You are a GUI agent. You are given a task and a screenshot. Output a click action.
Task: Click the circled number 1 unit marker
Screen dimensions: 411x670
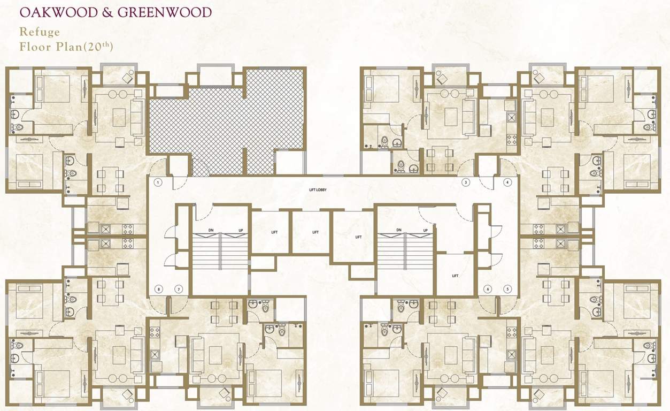coord(158,182)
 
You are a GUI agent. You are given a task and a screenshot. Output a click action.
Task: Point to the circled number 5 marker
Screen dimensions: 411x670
coord(507,289)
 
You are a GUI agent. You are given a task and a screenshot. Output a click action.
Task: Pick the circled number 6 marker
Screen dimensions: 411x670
coord(487,289)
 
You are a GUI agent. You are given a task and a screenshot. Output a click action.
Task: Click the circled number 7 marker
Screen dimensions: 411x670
coord(178,289)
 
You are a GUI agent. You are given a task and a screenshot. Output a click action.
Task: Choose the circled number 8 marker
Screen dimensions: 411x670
coord(158,289)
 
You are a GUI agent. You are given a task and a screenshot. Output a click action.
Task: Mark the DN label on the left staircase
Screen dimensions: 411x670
coord(211,231)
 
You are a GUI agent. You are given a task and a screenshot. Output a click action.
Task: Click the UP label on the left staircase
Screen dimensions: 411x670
coord(241,231)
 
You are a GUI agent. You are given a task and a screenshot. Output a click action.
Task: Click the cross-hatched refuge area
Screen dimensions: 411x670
coord(225,123)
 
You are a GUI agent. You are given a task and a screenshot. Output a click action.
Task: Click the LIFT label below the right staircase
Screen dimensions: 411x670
coord(455,276)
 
